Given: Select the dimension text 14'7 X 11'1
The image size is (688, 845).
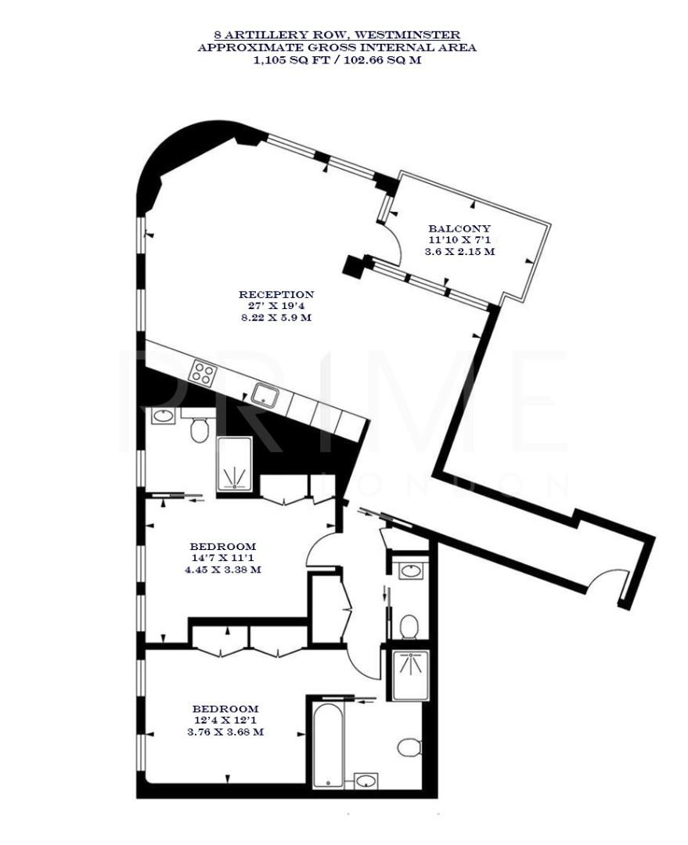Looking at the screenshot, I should pyautogui.click(x=223, y=558).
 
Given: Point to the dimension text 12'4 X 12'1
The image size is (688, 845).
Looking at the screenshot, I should pyautogui.click(x=223, y=720).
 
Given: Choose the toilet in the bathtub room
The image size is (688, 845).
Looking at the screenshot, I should pyautogui.click(x=409, y=747).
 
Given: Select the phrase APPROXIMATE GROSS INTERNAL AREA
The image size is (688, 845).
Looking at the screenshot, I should pyautogui.click(x=337, y=48).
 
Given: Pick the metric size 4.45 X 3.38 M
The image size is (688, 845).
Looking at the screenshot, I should pyautogui.click(x=223, y=570).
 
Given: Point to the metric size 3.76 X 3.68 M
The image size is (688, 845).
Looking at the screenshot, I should pyautogui.click(x=223, y=732).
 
